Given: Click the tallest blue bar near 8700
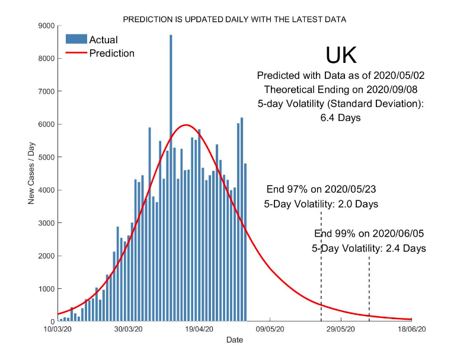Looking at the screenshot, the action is point(171,178).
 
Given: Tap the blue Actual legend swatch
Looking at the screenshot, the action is point(76,39).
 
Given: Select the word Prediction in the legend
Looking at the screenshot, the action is point(112,53).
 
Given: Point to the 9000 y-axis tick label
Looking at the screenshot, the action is point(46,26).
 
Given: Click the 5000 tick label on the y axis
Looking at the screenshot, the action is point(46,157).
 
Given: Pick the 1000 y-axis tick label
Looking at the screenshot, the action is point(46,289).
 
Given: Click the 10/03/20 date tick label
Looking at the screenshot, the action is point(57,329).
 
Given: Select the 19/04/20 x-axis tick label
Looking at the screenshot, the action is point(199,329).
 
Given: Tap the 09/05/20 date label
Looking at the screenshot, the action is point(270,329).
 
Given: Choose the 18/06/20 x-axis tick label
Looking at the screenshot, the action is point(412,329).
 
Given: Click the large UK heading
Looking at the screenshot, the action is point(341,55).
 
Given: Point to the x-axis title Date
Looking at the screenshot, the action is point(235,340).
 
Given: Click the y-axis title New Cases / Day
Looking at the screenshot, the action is point(31,173).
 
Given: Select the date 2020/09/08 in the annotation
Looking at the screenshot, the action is point(392,90).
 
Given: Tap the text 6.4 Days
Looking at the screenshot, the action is point(340,118).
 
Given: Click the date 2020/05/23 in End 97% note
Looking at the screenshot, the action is point(350,189).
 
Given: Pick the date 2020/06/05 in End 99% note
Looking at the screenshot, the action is point(398,234).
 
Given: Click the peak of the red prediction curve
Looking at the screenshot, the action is point(186,125).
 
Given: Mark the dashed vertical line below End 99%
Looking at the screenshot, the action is point(369,289).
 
